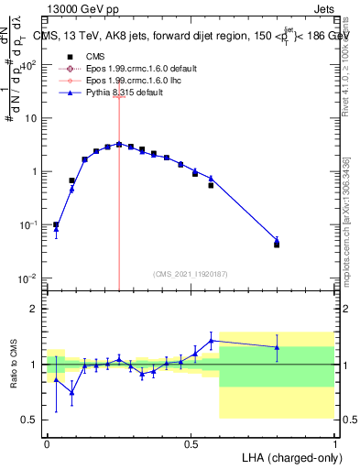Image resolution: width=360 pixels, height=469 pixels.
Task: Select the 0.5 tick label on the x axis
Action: pyautogui.click(x=191, y=443)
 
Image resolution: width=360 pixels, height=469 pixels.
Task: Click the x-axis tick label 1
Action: pyautogui.click(x=334, y=443)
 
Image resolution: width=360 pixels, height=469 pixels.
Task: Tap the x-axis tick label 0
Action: pyautogui.click(x=47, y=443)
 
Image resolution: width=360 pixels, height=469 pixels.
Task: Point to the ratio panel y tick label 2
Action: pyautogui.click(x=34, y=309)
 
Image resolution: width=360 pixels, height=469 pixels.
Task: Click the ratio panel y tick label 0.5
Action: pyautogui.click(x=30, y=420)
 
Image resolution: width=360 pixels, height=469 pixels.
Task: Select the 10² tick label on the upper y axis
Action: pyautogui.click(x=28, y=65)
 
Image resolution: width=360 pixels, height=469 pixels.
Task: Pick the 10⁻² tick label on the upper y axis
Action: pyautogui.click(x=28, y=278)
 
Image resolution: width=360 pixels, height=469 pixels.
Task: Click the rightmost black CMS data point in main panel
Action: pyautogui.click(x=277, y=245)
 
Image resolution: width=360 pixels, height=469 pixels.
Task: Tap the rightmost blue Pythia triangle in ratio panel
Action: pyautogui.click(x=277, y=347)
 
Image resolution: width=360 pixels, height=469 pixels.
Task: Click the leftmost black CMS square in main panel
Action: pyautogui.click(x=56, y=224)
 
